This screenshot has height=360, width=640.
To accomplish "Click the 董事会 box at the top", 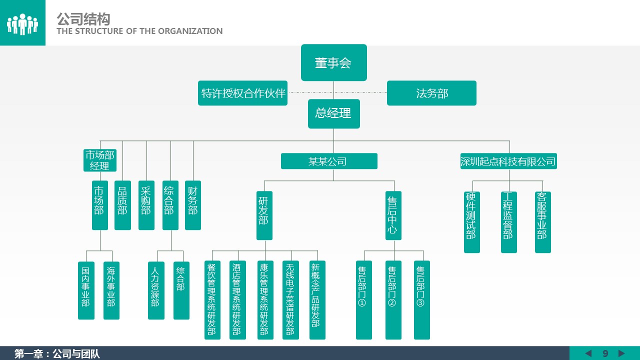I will pos(333,62).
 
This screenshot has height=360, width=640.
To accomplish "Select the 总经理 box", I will pos(333,113).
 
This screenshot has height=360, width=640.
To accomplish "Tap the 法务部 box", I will pos(431,93).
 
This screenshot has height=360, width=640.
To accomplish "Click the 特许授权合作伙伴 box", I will pos(242,93).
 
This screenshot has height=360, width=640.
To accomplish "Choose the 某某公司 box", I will pos(328,161).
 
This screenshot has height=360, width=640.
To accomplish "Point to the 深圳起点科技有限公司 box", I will pos(508,161).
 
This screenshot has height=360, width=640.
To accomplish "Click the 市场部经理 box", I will pos(99,160).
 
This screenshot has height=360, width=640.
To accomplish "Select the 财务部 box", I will pos(193,205).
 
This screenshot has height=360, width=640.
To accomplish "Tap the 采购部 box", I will pos(146,205).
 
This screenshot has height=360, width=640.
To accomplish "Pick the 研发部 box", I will pos(264,215).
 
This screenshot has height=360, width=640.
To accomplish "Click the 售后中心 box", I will pos(393,215).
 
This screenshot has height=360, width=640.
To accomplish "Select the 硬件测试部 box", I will pos(471,222).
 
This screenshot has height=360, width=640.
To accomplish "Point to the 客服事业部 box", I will pos(542,222).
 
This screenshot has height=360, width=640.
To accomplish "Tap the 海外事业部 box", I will pos(111,290).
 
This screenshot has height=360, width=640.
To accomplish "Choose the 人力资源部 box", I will pos(156,290).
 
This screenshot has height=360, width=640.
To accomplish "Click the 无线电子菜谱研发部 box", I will pos(290,300).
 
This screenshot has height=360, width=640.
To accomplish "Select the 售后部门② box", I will pos(393,300).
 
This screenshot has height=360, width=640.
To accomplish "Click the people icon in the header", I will pos(22,23).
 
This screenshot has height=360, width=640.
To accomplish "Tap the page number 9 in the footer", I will pos(605,353).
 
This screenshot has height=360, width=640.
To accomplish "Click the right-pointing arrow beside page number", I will pos(621,353).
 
